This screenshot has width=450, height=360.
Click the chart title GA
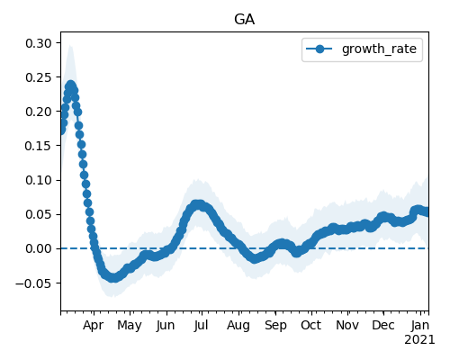(245, 20)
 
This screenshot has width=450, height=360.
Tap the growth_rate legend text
(379, 49)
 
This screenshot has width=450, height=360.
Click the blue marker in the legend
(319, 49)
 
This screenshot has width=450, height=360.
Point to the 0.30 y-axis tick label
(39, 43)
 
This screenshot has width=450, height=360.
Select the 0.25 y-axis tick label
(39, 77)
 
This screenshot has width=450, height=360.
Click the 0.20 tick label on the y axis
(39, 112)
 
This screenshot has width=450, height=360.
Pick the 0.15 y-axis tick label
(39, 146)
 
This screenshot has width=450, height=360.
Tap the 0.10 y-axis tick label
(39, 180)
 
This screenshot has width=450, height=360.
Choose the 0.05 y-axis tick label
(39, 214)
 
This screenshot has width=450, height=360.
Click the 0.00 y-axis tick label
(39, 248)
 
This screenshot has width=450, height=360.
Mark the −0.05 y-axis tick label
(33, 283)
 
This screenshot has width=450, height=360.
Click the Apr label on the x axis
(94, 326)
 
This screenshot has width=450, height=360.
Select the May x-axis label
(130, 326)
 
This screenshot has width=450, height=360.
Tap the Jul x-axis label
(201, 325)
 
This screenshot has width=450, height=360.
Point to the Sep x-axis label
(275, 326)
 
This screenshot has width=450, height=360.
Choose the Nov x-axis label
(347, 325)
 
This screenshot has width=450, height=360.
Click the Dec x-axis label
(383, 325)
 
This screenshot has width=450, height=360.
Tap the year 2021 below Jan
(419, 340)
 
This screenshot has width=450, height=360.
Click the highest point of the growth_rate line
(70, 85)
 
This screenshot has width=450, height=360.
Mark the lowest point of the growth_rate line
(112, 277)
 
